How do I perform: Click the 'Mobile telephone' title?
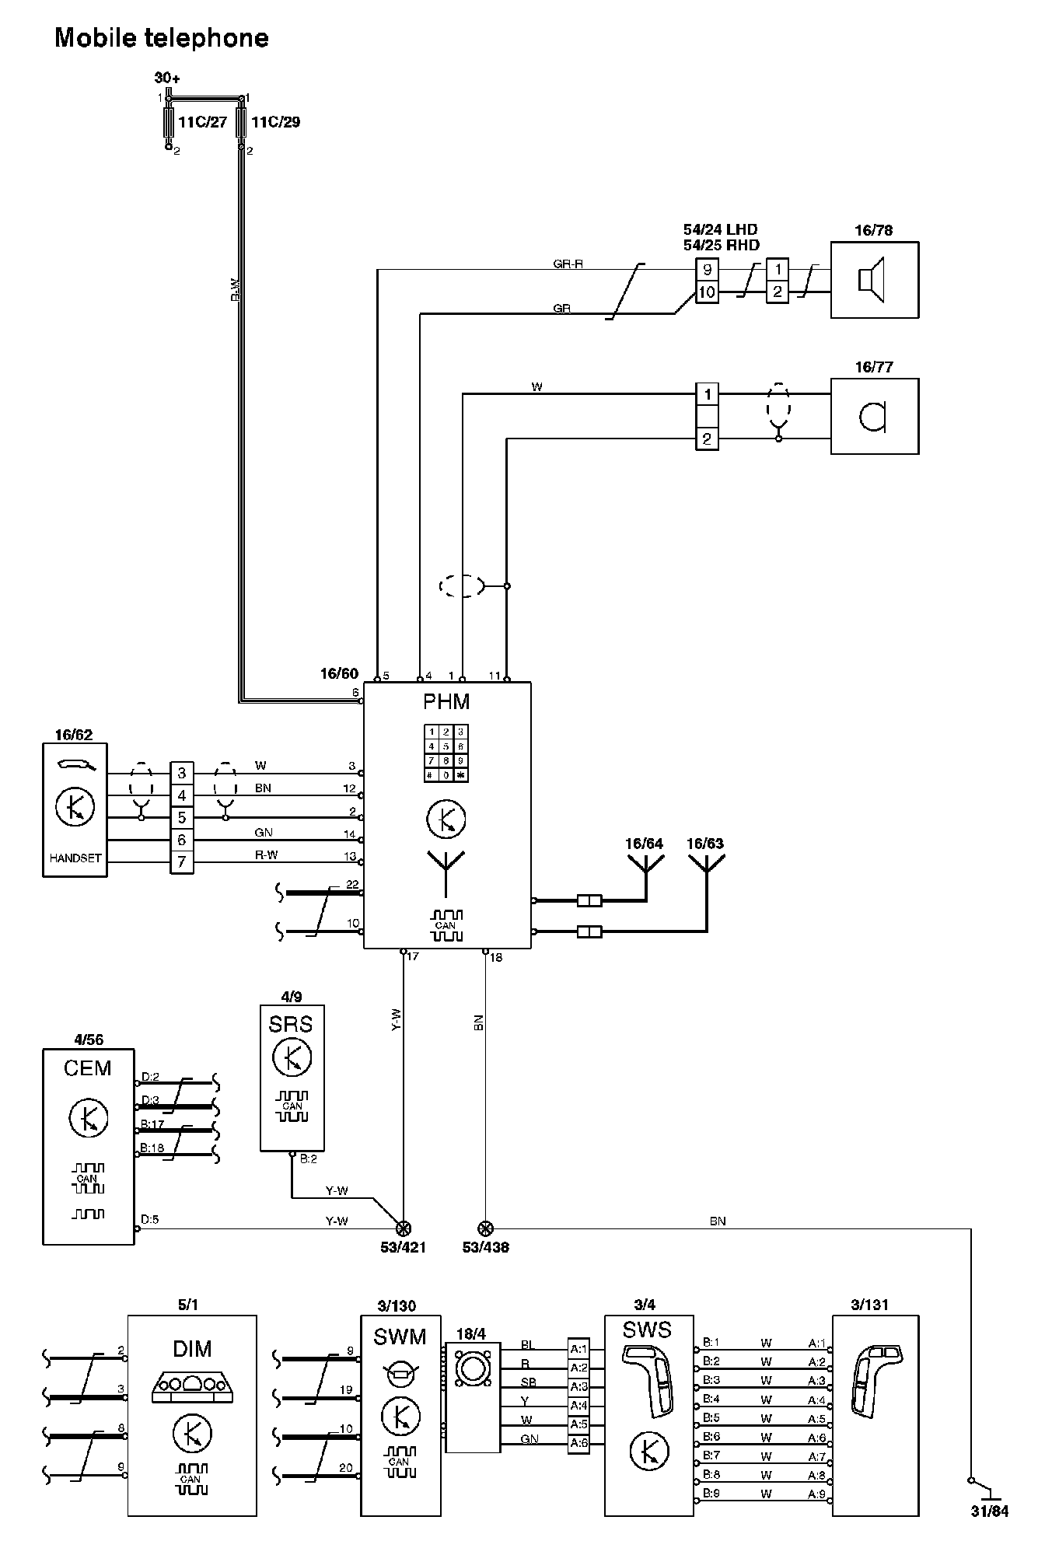click(x=162, y=38)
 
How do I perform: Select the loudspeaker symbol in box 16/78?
click(x=872, y=279)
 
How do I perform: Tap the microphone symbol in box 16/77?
click(x=873, y=417)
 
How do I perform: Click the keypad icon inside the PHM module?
click(x=446, y=753)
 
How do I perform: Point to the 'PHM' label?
click(x=446, y=702)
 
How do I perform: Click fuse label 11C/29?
click(x=275, y=122)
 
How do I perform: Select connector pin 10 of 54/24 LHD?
click(x=707, y=292)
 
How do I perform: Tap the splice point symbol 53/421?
click(x=403, y=1228)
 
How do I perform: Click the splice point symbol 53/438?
click(x=485, y=1228)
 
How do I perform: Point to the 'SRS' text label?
click(x=291, y=1024)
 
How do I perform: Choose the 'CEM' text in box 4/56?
click(x=87, y=1068)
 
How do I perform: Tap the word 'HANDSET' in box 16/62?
click(x=75, y=858)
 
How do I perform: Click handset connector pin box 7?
click(x=181, y=861)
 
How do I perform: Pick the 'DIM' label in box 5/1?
click(x=191, y=1348)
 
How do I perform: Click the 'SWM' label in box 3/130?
click(x=400, y=1337)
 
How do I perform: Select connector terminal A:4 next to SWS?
click(x=578, y=1405)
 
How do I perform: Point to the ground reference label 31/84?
click(x=989, y=1512)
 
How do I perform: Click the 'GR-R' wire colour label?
click(x=568, y=264)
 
